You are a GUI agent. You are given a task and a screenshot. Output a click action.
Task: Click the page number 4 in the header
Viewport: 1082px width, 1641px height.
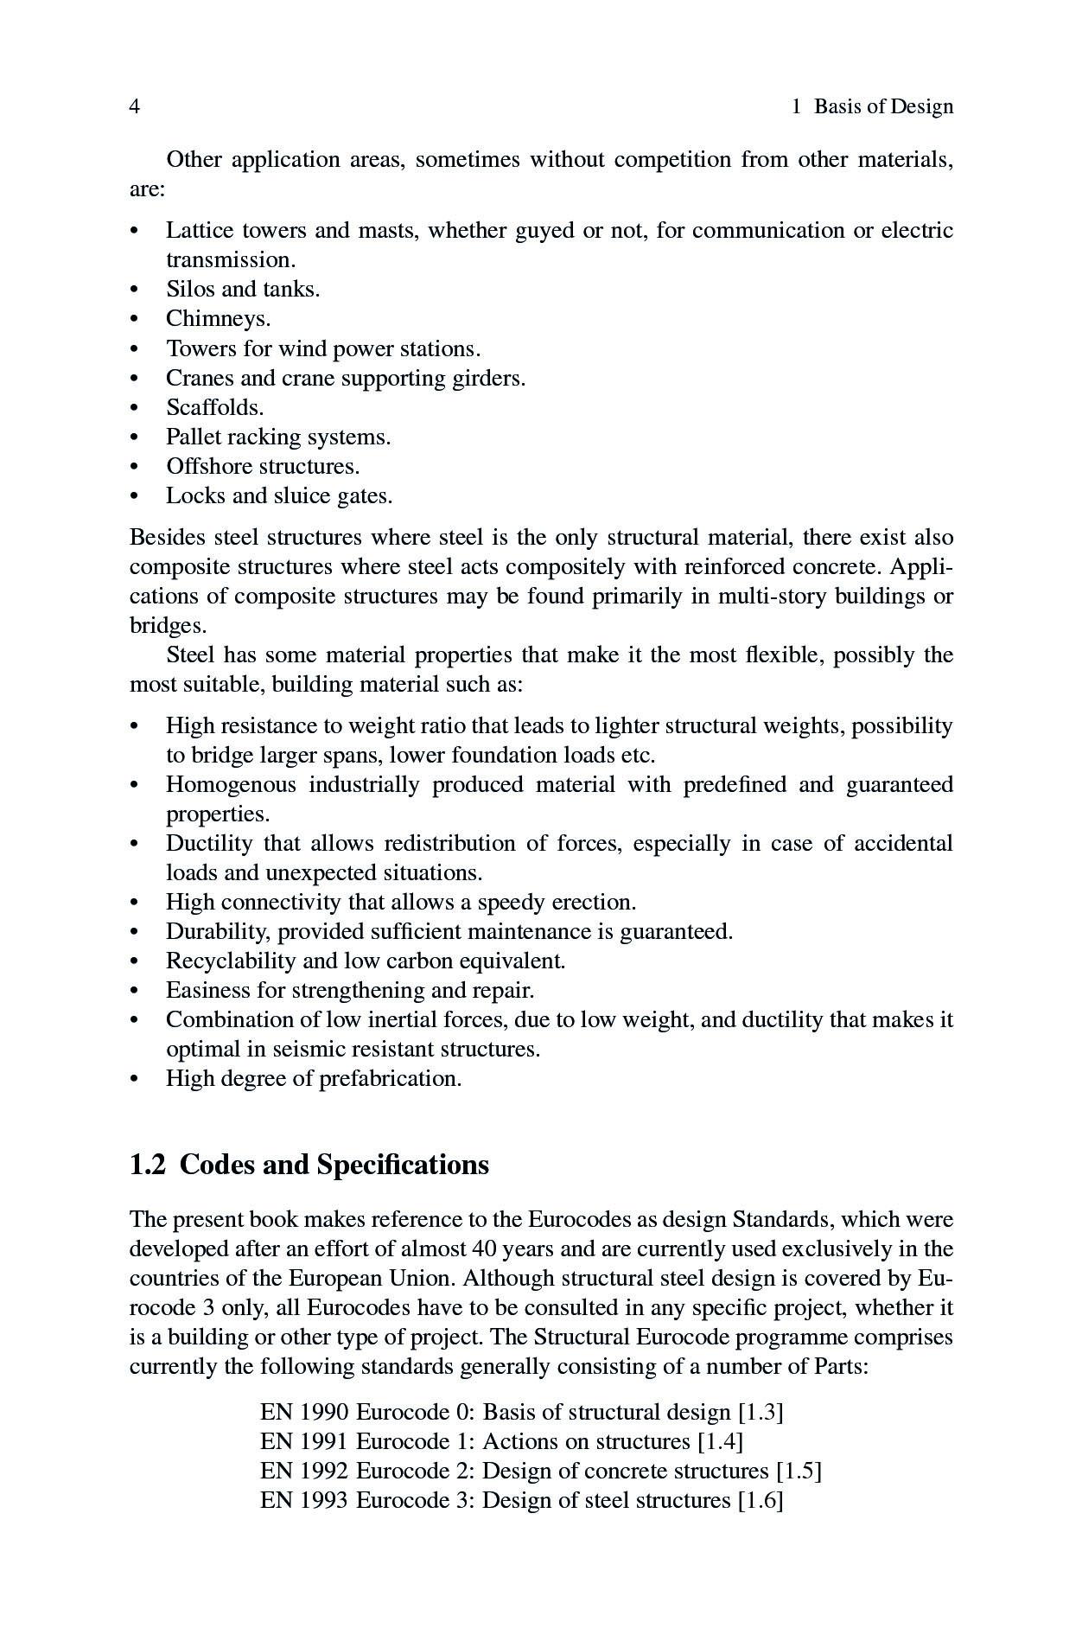pyautogui.click(x=135, y=106)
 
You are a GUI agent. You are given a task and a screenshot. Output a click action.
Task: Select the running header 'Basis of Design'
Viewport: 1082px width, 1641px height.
pyautogui.click(x=883, y=106)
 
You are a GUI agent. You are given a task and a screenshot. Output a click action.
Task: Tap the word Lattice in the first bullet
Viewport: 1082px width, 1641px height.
pyautogui.click(x=198, y=230)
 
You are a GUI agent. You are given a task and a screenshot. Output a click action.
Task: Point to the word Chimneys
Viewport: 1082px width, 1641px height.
pyautogui.click(x=218, y=318)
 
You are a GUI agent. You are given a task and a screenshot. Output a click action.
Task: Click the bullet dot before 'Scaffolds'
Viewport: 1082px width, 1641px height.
pyautogui.click(x=134, y=408)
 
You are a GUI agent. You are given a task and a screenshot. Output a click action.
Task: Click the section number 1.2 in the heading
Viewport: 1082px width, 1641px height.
pyautogui.click(x=147, y=1165)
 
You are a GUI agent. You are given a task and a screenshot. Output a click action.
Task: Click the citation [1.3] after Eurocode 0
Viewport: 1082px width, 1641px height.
pyautogui.click(x=761, y=1412)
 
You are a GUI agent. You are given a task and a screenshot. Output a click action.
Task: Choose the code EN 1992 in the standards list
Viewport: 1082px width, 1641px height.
pyautogui.click(x=304, y=1471)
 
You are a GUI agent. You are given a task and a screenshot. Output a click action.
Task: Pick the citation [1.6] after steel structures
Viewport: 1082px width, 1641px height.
pyautogui.click(x=761, y=1500)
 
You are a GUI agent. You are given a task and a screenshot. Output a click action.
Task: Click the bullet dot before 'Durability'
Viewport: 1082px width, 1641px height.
pyautogui.click(x=134, y=932)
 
